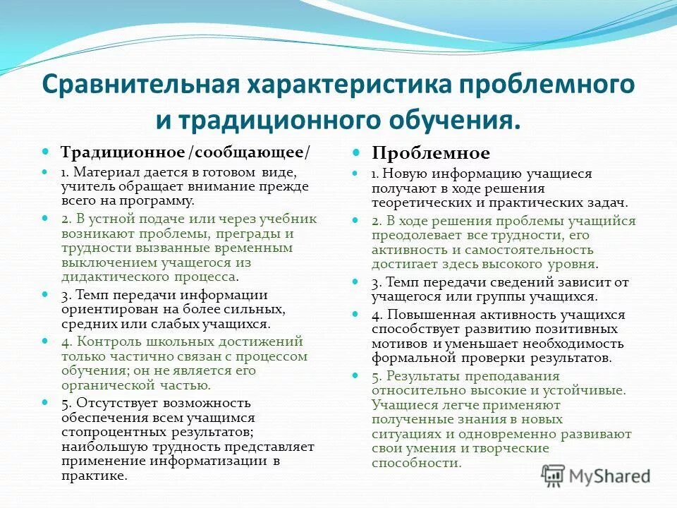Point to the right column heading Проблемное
pyautogui.click(x=431, y=153)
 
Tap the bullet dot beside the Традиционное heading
pyautogui.click(x=46, y=152)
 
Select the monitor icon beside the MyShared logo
pyautogui.click(x=553, y=475)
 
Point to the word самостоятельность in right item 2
pyautogui.click(x=523, y=250)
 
